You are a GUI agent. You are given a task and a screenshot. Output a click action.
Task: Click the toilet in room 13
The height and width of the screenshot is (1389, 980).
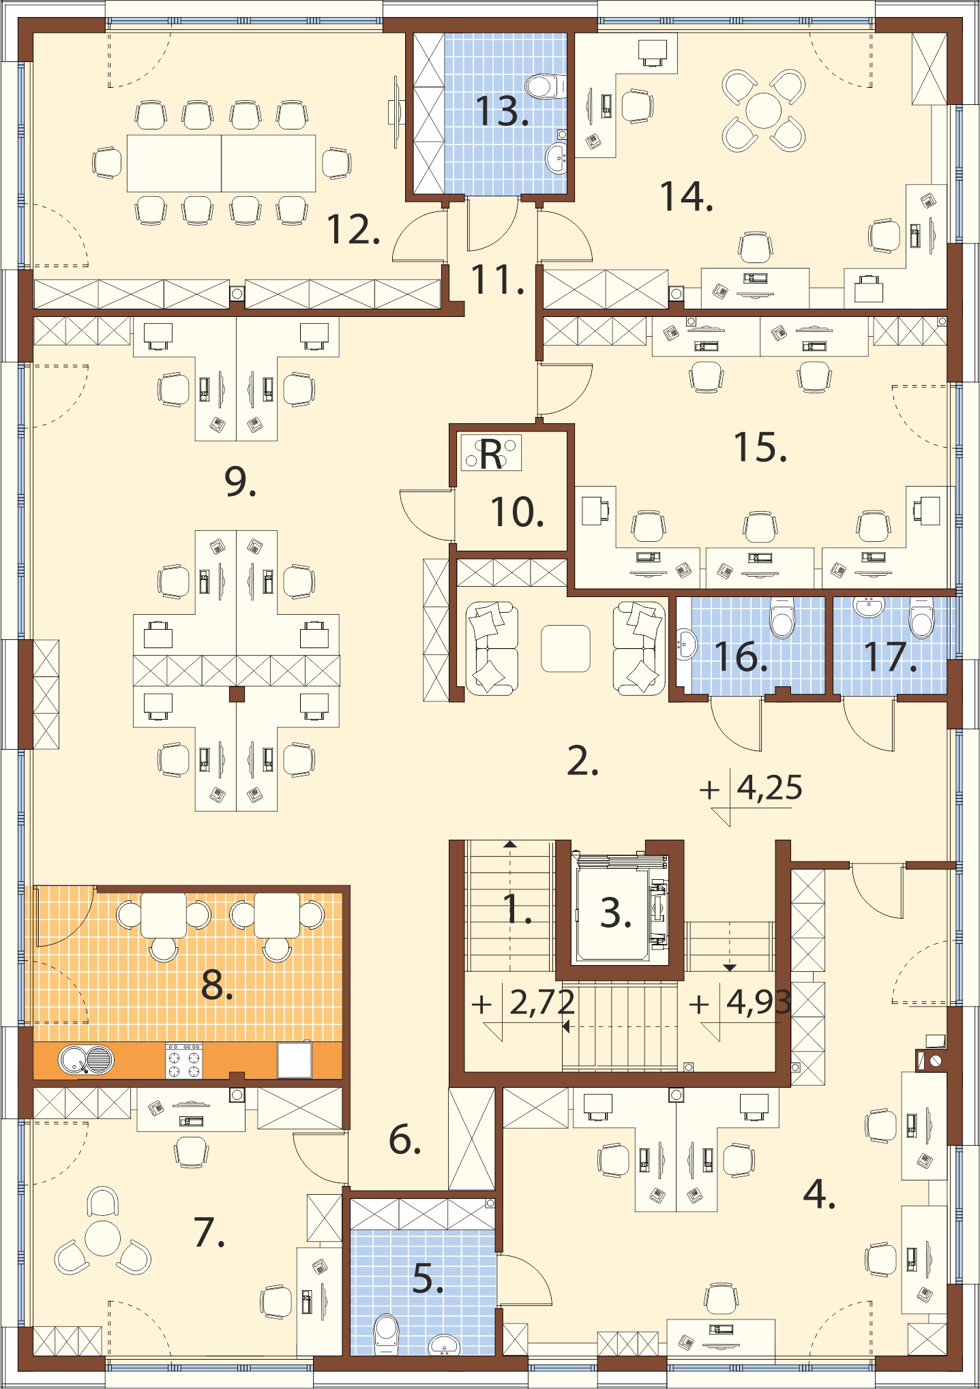click(x=546, y=87)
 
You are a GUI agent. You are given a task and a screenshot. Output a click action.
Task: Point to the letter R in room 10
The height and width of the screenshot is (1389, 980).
click(x=491, y=455)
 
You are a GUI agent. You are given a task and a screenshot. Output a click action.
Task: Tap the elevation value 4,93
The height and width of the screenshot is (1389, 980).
click(x=758, y=1002)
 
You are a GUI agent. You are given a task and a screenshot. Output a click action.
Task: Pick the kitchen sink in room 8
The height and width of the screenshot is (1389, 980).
click(x=86, y=1060)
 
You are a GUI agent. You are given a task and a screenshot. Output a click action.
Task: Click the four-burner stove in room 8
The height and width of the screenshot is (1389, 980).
click(x=184, y=1060)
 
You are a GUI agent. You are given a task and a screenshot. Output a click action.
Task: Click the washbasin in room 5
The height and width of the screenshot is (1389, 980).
click(x=445, y=1345)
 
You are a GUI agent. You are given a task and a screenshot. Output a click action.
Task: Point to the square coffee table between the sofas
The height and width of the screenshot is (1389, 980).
click(x=565, y=649)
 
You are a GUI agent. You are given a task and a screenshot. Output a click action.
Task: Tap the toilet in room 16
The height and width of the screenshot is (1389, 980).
click(x=782, y=617)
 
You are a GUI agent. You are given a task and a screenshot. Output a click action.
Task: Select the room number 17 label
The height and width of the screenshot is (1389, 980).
click(x=889, y=656)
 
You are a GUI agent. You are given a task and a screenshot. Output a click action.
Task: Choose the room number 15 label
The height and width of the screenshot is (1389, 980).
click(x=760, y=447)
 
